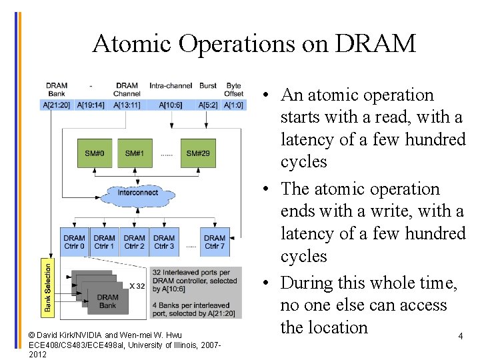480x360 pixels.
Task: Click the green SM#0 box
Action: (x=94, y=153)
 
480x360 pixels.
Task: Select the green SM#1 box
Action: (x=134, y=153)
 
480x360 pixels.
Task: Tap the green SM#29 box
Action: (x=198, y=153)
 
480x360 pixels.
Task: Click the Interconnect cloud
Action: (x=138, y=193)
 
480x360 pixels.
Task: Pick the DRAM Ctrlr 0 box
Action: (x=74, y=242)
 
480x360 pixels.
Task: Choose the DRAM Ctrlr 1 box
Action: (x=104, y=242)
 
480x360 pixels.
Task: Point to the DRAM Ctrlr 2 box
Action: (x=134, y=242)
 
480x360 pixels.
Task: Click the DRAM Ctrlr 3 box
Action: (x=164, y=242)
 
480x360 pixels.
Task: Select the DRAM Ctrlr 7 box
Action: (x=214, y=242)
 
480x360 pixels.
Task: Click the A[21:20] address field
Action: (x=56, y=105)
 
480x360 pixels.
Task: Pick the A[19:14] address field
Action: (x=91, y=105)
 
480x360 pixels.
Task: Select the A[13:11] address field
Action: (x=127, y=105)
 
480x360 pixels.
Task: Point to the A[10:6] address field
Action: (x=171, y=105)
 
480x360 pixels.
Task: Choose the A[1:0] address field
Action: (x=233, y=105)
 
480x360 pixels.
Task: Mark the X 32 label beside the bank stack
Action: (x=137, y=286)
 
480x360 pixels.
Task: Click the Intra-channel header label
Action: (x=171, y=85)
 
